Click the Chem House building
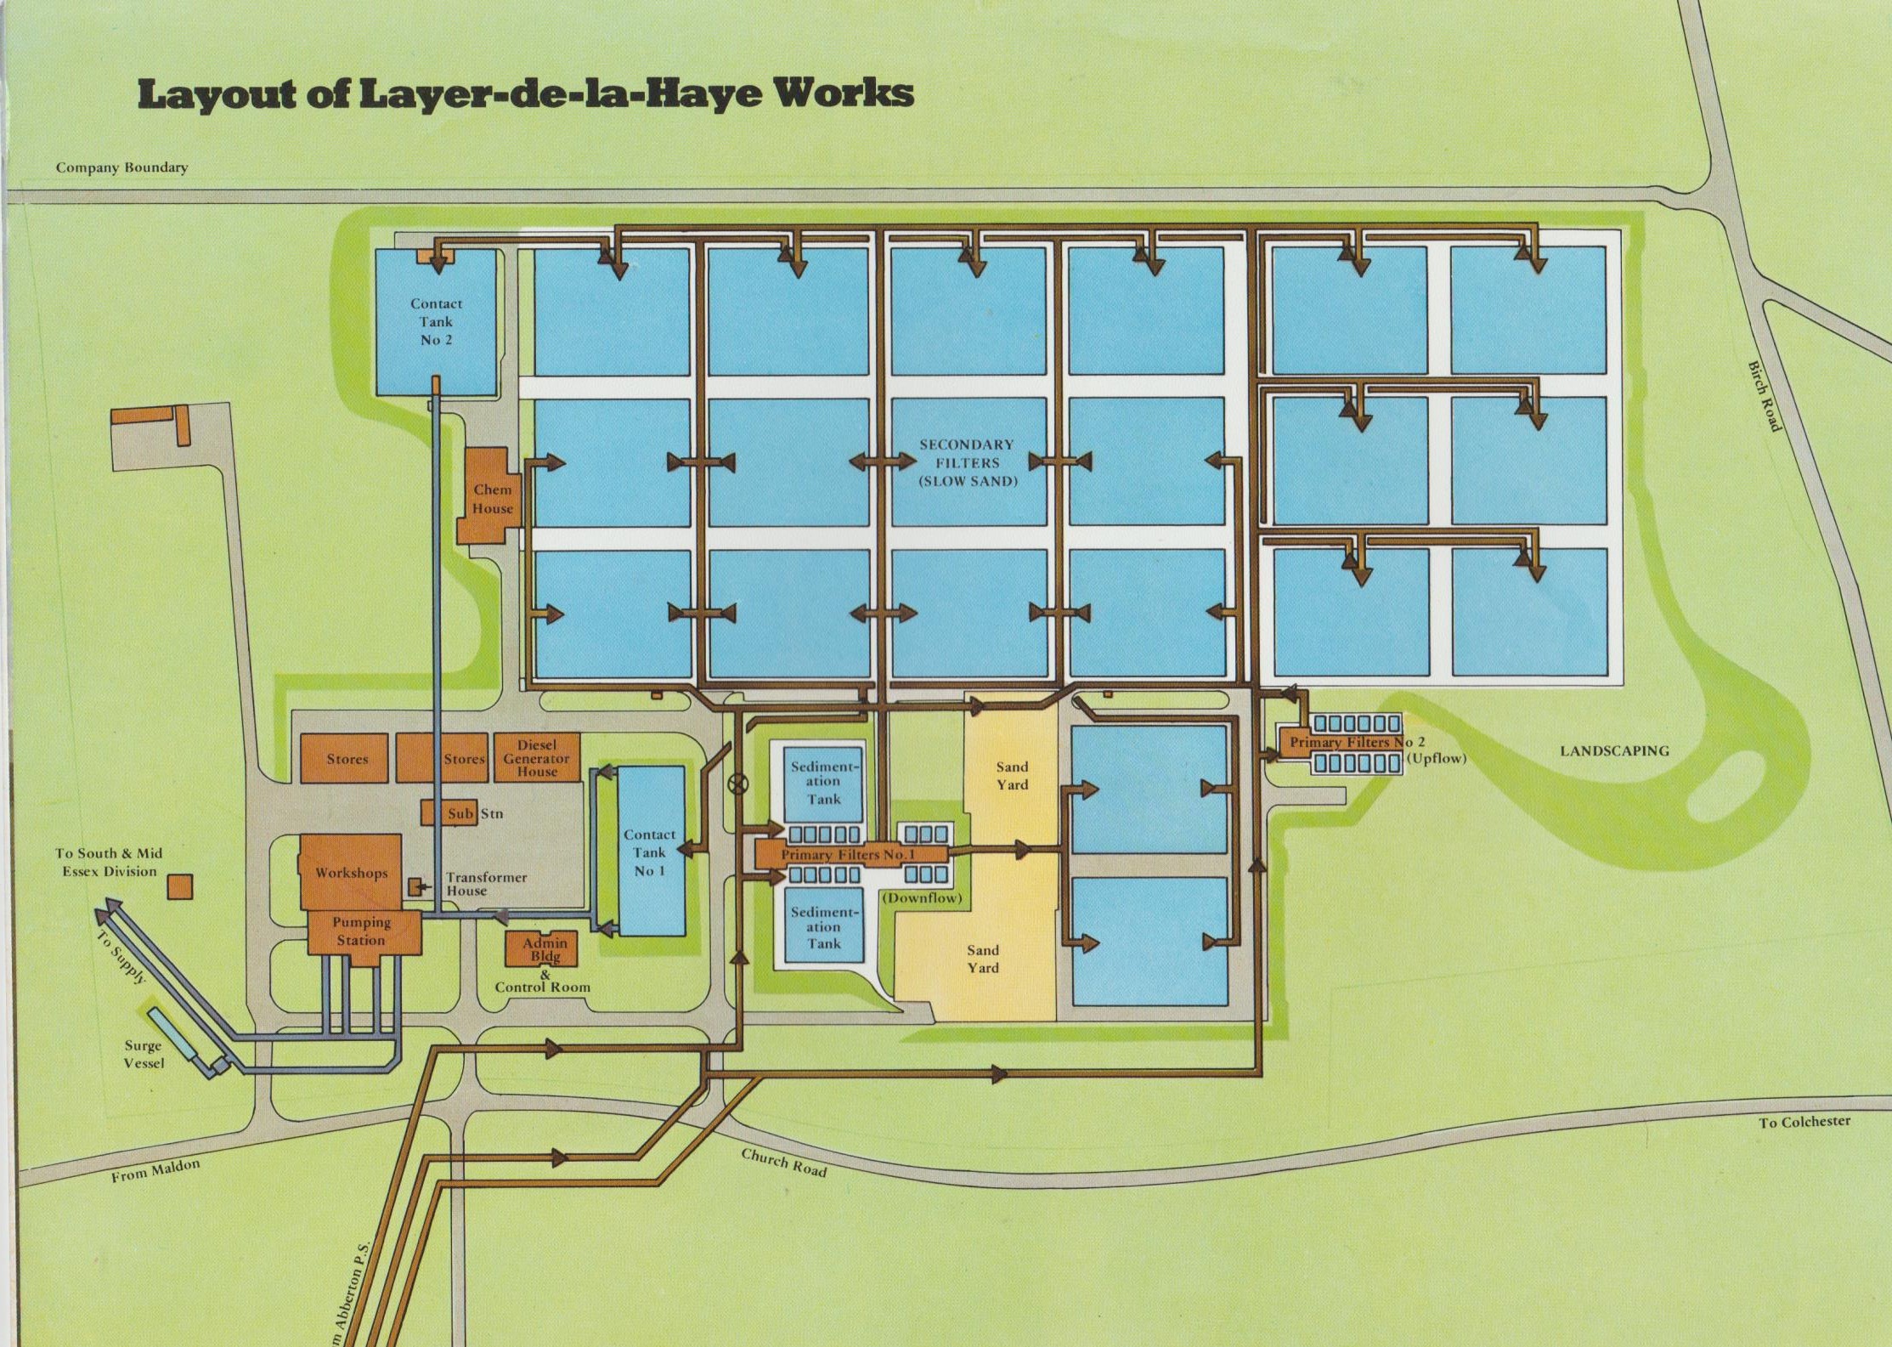pos(490,498)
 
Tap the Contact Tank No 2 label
pos(436,321)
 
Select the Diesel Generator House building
pos(538,758)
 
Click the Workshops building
pos(350,872)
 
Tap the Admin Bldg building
pos(544,949)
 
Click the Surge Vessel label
pos(144,1055)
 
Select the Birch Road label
pos(1764,396)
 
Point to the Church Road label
pos(783,1162)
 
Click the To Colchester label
pos(1804,1122)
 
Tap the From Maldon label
pos(155,1170)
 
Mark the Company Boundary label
pos(121,167)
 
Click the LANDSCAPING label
pos(1614,750)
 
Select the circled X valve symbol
pos(738,784)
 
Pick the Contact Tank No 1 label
pos(650,852)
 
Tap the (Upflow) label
pos(1436,758)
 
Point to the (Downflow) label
pos(922,897)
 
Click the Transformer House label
pos(486,884)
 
